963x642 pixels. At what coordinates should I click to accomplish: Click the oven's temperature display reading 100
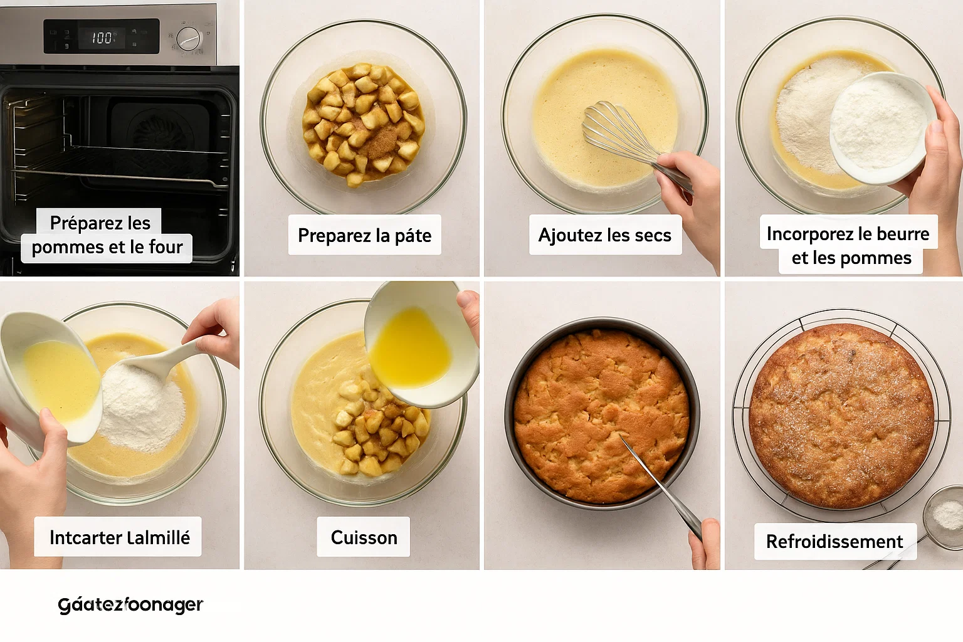102,38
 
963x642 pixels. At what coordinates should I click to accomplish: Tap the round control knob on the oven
189,39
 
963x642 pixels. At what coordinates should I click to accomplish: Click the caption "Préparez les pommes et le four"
107,235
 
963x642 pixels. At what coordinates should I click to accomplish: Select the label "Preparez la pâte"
364,235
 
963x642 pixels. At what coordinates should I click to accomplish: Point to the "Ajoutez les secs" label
605,235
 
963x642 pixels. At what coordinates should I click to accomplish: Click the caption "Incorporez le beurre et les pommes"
848,245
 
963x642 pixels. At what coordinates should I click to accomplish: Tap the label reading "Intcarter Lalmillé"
118,537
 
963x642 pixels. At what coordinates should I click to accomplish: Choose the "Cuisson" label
364,537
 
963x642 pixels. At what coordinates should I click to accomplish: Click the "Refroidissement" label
835,542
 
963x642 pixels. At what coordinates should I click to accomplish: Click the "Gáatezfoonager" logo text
130,605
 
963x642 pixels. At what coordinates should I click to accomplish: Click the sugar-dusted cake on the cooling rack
841,415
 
